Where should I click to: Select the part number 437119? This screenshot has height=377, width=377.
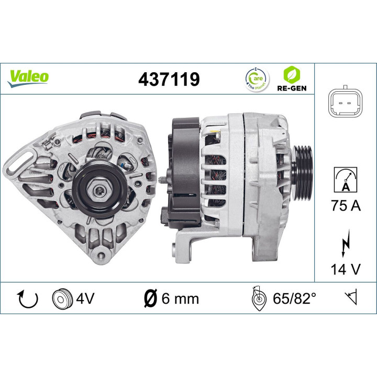[169, 80]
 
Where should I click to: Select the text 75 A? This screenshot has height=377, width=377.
[345, 206]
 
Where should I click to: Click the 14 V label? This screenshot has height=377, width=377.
[345, 269]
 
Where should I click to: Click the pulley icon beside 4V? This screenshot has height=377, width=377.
[62, 299]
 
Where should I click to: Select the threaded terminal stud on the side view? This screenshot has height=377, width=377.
[162, 181]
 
